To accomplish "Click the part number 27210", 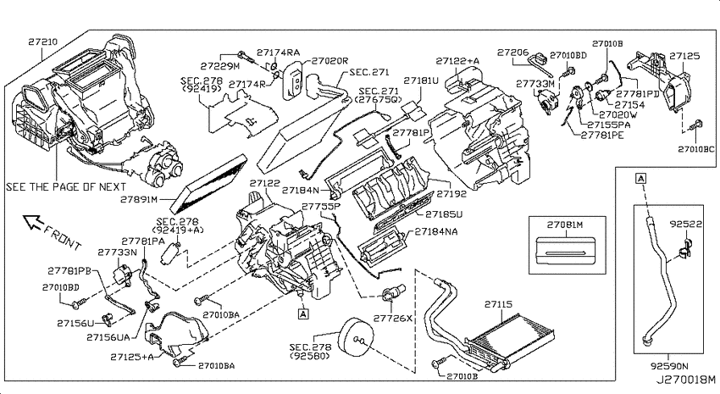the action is [x=42, y=42].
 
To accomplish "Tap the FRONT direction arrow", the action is [x=33, y=222].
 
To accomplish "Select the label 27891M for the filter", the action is [x=139, y=200].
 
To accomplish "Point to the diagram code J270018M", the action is [x=685, y=380].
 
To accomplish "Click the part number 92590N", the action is [x=669, y=366].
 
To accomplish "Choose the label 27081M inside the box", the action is [x=565, y=225].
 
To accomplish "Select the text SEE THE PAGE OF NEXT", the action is [x=66, y=187].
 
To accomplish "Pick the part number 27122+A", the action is [x=457, y=61].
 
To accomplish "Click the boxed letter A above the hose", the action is [x=641, y=178].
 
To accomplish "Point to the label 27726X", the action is [x=392, y=318].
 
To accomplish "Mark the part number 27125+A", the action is [x=132, y=357].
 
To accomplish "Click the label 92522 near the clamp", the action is [x=686, y=224].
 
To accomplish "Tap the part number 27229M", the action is [x=220, y=66].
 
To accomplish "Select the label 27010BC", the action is [x=696, y=149].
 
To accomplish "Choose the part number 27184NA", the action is [x=436, y=231].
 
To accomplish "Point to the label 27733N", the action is [x=117, y=252].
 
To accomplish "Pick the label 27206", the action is [x=513, y=53].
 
